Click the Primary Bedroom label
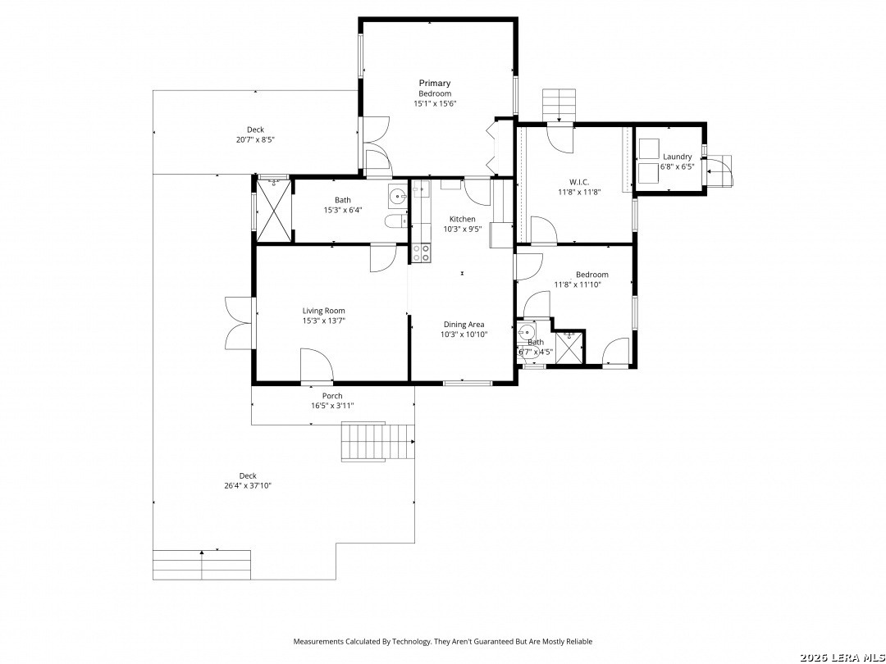point(435,88)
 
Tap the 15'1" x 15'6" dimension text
point(435,104)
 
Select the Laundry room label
point(677,157)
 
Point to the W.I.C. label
point(579,182)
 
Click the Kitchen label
point(462,219)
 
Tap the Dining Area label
point(464,325)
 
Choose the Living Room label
point(323,311)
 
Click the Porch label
point(332,396)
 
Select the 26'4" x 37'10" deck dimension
point(248,485)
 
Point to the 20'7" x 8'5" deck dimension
point(255,139)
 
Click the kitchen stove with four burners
point(421,252)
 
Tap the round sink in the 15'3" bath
point(398,197)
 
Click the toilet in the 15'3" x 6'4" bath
point(397,221)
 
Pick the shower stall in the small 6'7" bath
point(569,348)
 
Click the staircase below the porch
point(377,442)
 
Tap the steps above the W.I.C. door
point(559,105)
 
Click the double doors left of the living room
point(239,323)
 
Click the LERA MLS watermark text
point(843,657)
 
